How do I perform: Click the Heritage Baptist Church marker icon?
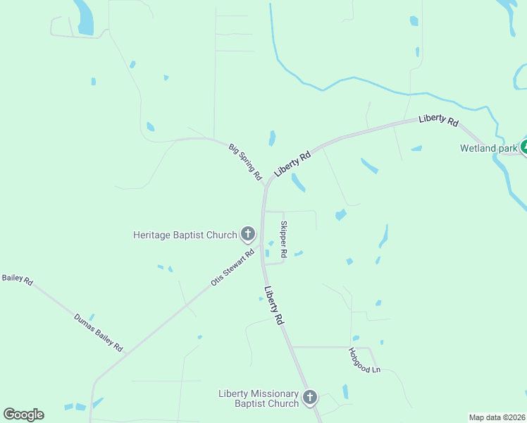tap(247, 233)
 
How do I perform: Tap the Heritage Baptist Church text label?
tap(185, 234)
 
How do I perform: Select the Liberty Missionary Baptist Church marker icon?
tap(310, 398)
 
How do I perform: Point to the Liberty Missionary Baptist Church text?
tap(259, 398)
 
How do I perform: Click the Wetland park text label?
tap(488, 148)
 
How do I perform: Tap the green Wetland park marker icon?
tap(523, 147)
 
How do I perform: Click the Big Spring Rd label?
tap(245, 161)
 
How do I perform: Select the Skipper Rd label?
tap(284, 239)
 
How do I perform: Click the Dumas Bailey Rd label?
tap(99, 332)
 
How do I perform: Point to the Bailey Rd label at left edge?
tap(17, 279)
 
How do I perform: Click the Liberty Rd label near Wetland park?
tap(438, 120)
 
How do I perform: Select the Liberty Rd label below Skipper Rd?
tap(275, 305)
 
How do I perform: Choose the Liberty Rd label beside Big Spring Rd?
tap(293, 164)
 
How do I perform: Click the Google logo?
tap(23, 415)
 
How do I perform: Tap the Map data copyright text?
tap(497, 417)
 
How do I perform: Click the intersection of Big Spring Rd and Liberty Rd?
tap(266, 188)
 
